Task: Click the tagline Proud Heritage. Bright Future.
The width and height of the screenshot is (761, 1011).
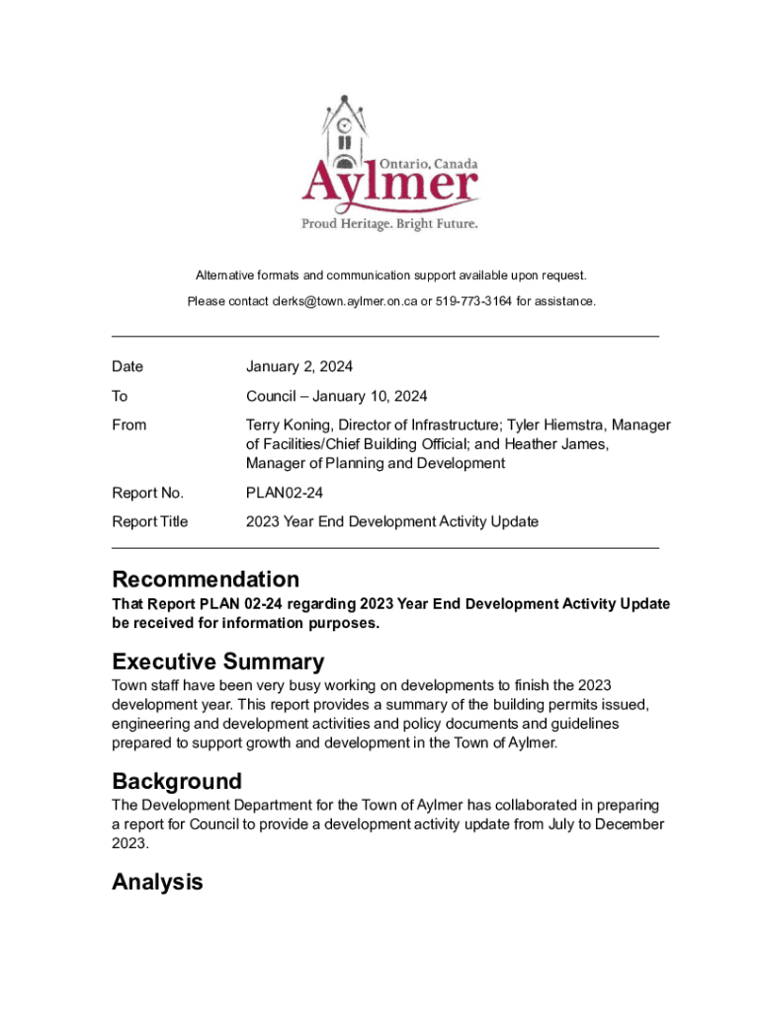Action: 389,224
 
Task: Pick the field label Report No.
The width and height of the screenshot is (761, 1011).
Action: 147,493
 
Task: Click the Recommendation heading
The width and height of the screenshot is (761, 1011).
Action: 206,579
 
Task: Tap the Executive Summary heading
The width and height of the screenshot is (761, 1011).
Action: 217,661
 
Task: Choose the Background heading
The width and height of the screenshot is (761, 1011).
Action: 177,782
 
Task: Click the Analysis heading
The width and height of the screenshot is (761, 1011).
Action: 157,882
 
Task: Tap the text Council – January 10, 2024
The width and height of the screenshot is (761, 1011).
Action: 336,397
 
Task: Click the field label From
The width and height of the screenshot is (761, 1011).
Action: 128,426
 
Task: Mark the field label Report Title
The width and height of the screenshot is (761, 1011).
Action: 149,521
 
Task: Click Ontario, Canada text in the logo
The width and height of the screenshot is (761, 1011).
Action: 430,163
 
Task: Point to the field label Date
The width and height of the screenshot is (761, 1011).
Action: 127,367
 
